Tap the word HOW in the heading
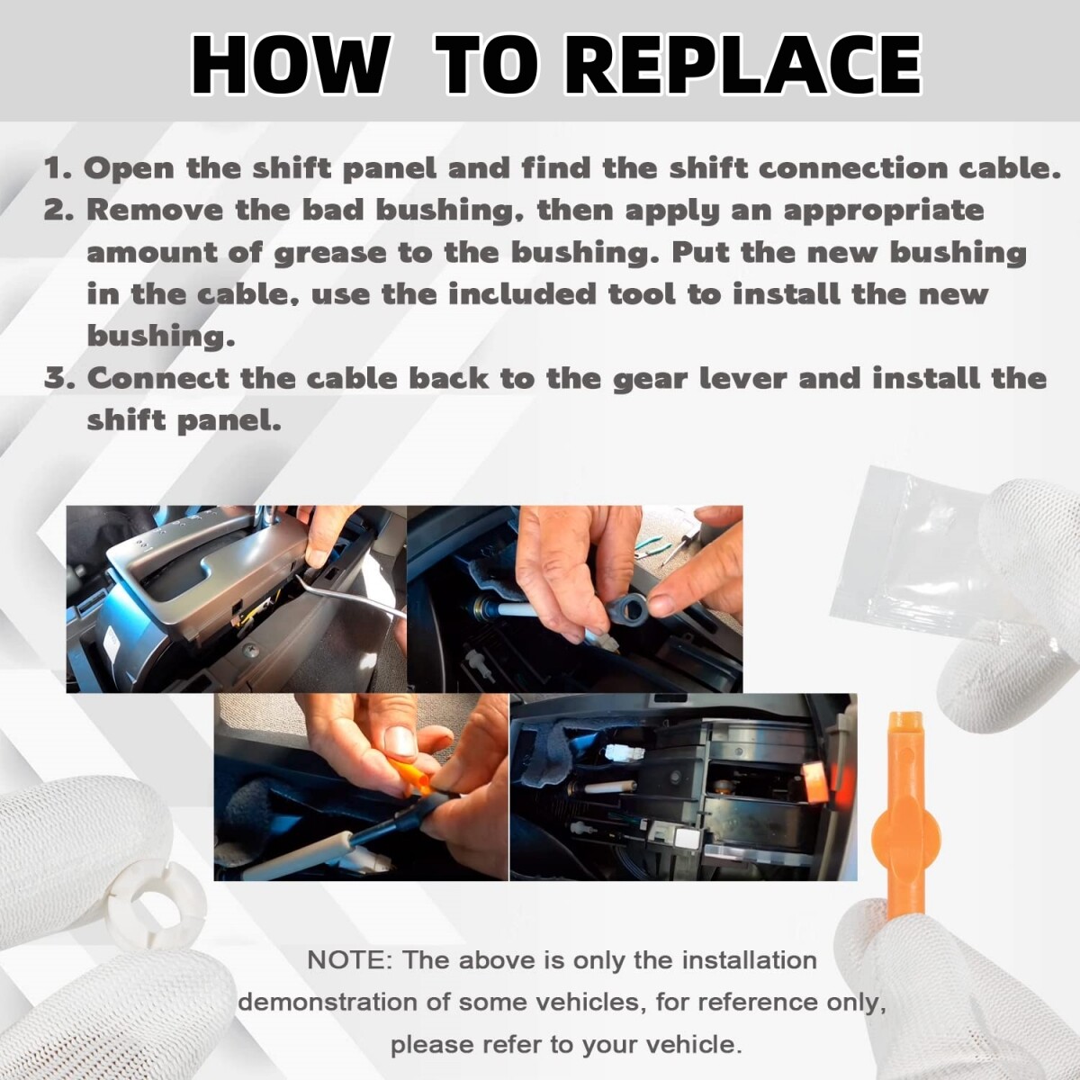289,66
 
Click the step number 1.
58,168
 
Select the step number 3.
59,378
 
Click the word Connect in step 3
158,378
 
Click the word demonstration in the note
328,1002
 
